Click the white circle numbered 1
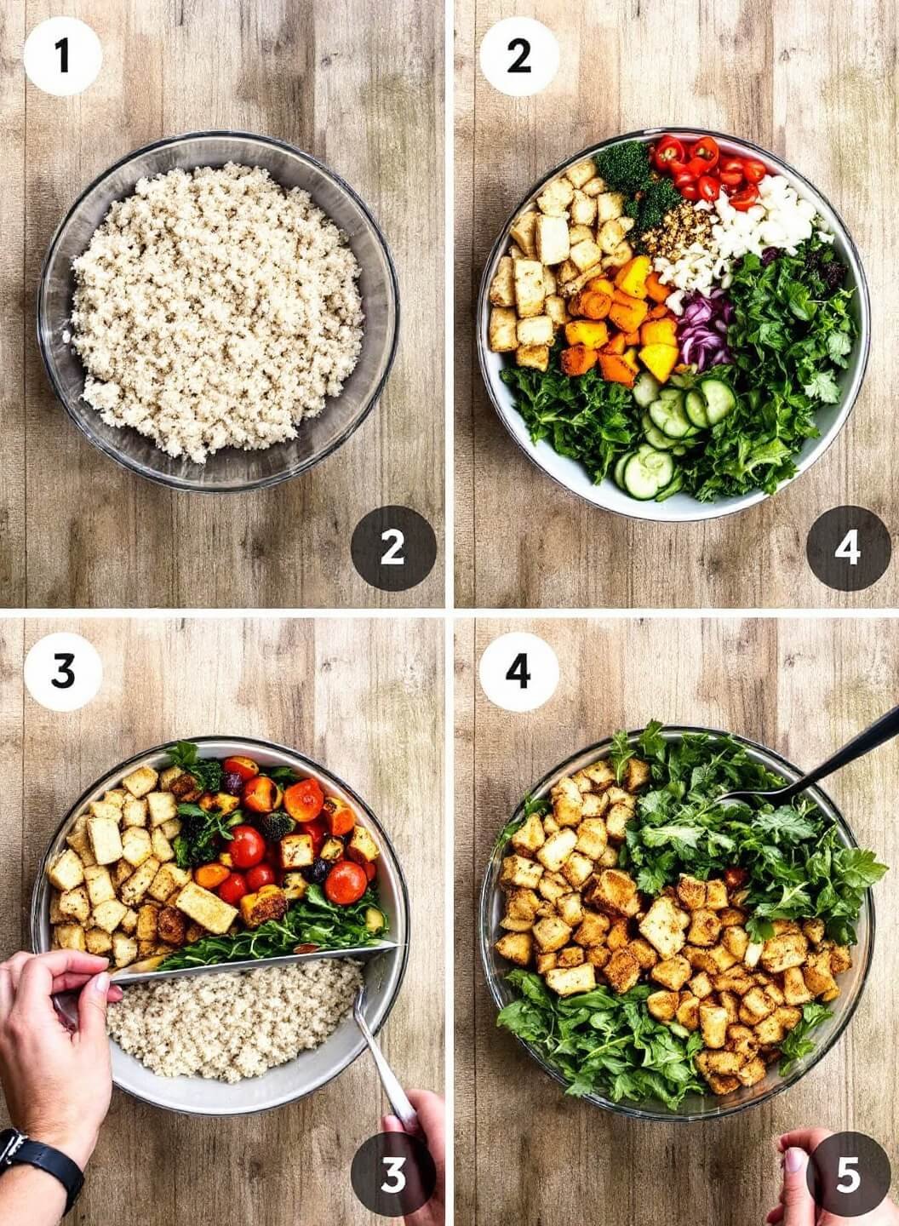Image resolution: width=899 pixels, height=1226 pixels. point(63,56)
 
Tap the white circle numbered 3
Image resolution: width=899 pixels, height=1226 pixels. point(63,672)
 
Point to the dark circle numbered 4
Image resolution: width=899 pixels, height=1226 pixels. point(849,548)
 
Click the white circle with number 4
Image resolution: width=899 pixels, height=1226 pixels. point(518,672)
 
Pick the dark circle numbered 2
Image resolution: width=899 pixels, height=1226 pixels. point(393,548)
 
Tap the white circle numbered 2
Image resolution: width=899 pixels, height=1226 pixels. point(518,56)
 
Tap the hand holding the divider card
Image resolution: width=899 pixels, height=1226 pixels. point(54,1029)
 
